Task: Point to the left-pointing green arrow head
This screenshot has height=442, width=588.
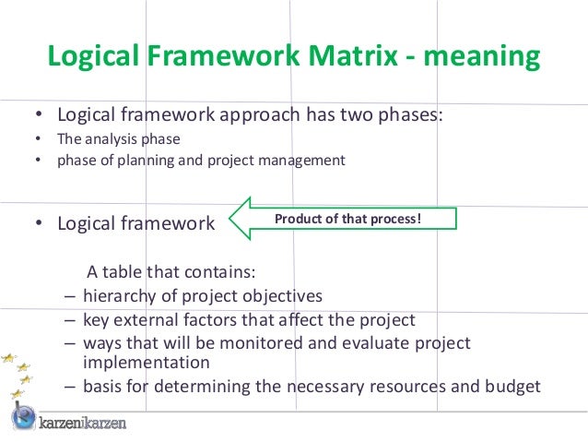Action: (241, 219)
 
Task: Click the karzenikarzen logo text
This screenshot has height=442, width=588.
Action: (83, 424)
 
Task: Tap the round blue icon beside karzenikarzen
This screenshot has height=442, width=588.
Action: (23, 418)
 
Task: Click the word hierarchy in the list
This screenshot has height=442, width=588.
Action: (118, 296)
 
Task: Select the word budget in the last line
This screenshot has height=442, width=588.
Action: (512, 386)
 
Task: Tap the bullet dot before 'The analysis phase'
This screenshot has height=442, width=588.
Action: (38, 140)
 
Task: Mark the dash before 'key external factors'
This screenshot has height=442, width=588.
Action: (71, 320)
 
